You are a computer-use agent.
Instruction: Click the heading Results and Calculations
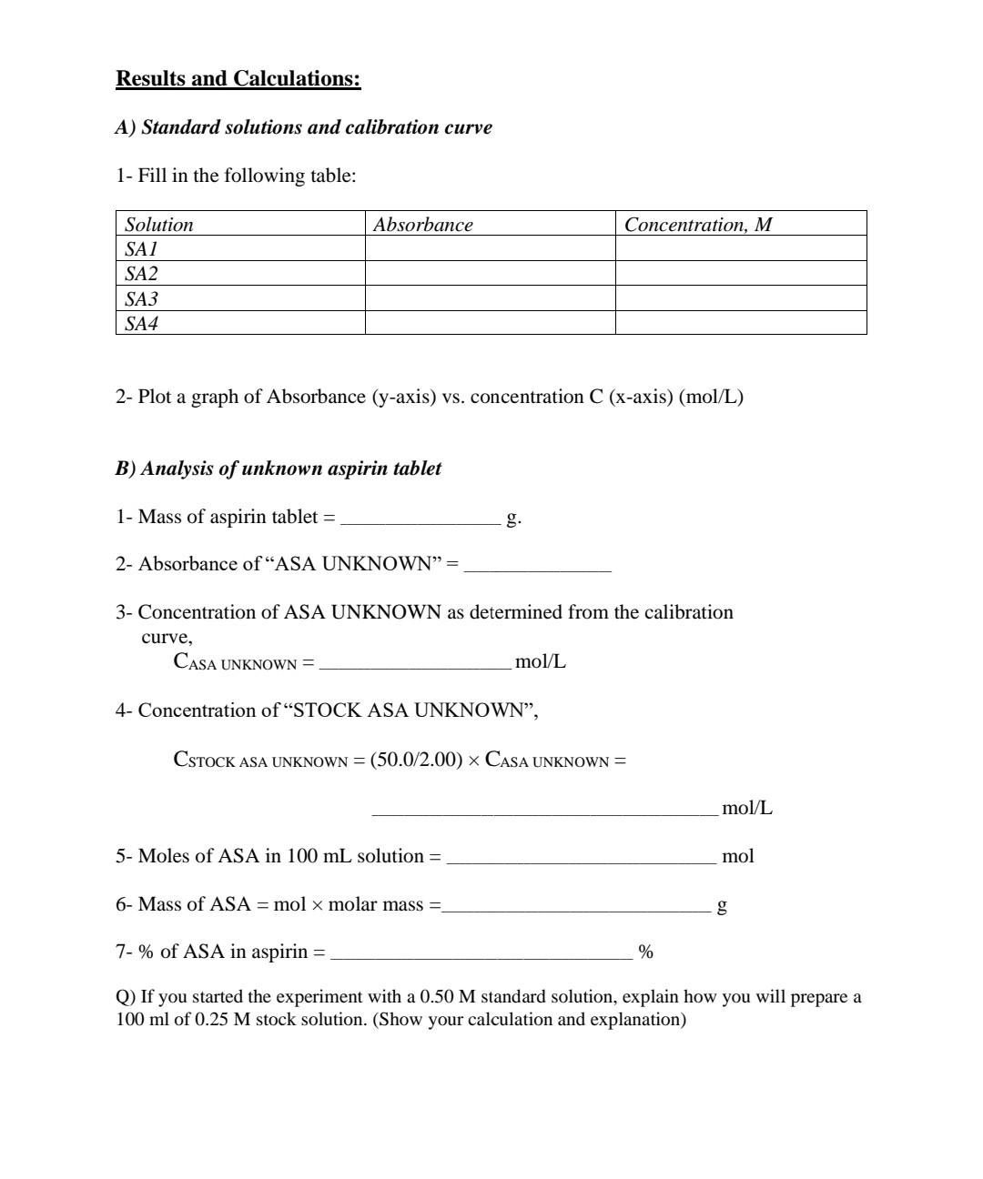[238, 79]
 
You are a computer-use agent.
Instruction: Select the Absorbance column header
[423, 225]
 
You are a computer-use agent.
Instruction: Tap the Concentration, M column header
[698, 225]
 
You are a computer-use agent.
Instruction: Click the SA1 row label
[142, 249]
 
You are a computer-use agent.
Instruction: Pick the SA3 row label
[142, 298]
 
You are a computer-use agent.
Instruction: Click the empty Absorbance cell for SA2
[490, 274]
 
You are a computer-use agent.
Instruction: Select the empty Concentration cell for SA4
[741, 323]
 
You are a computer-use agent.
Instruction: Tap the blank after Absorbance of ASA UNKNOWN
[538, 566]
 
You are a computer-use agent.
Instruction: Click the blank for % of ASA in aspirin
[481, 953]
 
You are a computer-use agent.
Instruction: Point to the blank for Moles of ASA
[582, 858]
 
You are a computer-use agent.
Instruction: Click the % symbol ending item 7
[646, 952]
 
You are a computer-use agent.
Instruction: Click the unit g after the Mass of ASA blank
[722, 906]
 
